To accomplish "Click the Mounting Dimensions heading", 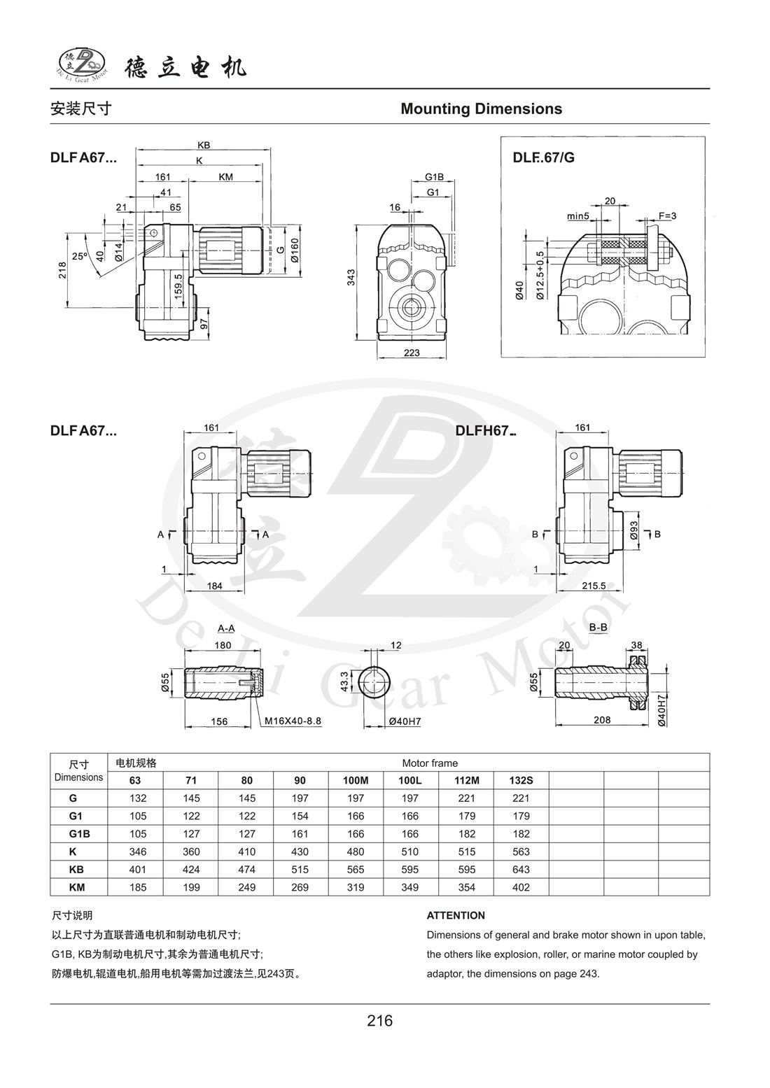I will click(x=481, y=109).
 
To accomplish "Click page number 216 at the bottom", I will click(x=380, y=1021).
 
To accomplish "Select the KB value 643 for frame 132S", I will click(x=521, y=870).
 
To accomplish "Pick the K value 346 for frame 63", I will click(x=136, y=852).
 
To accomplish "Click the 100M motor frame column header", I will click(x=356, y=780).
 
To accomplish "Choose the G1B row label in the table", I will click(x=78, y=834).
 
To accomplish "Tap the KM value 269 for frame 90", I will click(x=301, y=887).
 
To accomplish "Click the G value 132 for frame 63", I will click(x=136, y=798).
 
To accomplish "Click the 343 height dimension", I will click(x=352, y=277).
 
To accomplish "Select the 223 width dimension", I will click(x=412, y=353).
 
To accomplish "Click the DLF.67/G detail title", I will click(x=543, y=157).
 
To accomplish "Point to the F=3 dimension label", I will click(x=667, y=216).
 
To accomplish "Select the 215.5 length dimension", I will click(x=594, y=586).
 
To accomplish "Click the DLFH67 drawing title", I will click(x=484, y=431).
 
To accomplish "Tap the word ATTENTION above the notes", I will click(x=456, y=915).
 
